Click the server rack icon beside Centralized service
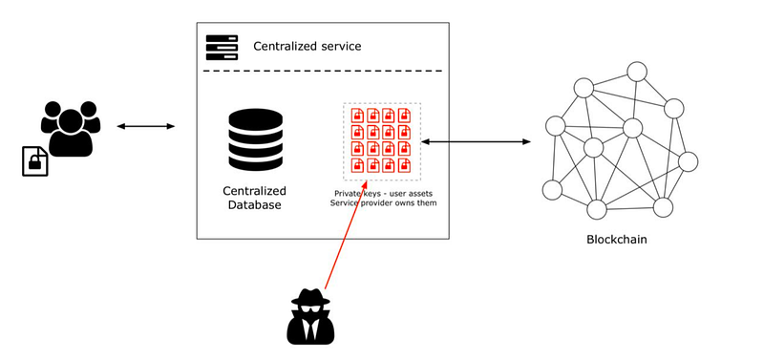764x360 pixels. (x=222, y=47)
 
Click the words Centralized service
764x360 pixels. (x=307, y=47)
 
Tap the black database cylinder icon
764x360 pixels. (x=255, y=139)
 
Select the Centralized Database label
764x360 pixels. (x=254, y=198)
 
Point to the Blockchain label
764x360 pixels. (x=616, y=239)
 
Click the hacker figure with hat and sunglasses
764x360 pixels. (x=310, y=316)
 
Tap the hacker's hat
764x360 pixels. (x=310, y=297)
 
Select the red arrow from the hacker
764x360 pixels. (x=346, y=235)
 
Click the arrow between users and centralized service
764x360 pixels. (x=146, y=127)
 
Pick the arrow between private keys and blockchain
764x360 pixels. (x=476, y=141)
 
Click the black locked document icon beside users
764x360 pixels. (x=35, y=160)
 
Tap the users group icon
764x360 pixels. (x=71, y=129)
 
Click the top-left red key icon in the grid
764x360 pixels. (x=358, y=116)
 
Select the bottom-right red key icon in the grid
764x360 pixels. (x=404, y=165)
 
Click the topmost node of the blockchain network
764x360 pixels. (x=637, y=72)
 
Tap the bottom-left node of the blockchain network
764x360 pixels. (x=552, y=189)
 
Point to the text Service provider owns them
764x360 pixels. (x=383, y=202)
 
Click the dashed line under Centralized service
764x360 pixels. (x=323, y=71)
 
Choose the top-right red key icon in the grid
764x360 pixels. (x=404, y=116)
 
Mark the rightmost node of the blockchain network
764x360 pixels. (x=688, y=161)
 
